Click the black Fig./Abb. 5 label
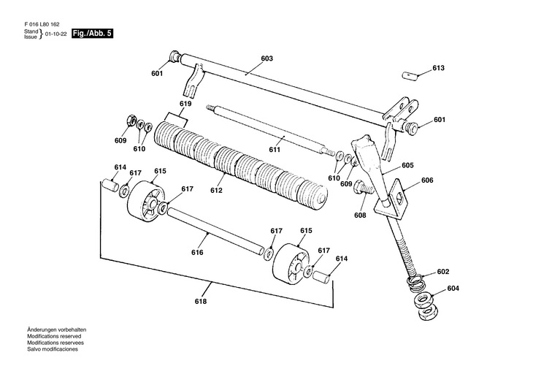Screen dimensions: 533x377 pos(92,34)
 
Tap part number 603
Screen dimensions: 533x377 pos(266,58)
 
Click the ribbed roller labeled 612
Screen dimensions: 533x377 pos(241,167)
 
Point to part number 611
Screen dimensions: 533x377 pos(275,150)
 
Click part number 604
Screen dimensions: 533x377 pos(453,289)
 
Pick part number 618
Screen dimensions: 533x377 pos(201,302)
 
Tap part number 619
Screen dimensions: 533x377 pos(185,104)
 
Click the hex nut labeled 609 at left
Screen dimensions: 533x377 pos(131,120)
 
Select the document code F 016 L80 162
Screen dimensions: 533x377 pos(42,25)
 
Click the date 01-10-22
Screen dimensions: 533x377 pos(55,34)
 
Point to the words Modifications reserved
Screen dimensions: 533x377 pos(54,336)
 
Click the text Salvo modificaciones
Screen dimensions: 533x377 pos(53,349)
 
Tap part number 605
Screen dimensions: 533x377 pos(407,165)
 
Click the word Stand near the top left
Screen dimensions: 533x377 pos(31,31)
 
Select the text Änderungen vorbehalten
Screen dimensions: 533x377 pos(56,330)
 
